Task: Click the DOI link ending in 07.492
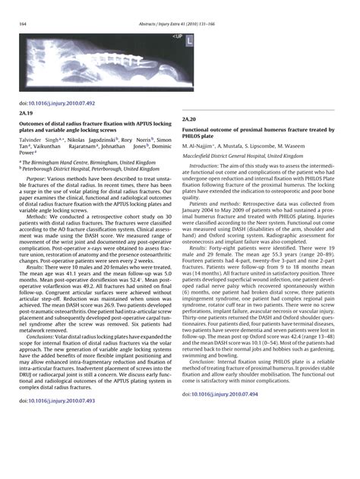coord(53,100)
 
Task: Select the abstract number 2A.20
coord(190,120)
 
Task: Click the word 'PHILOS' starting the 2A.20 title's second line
coord(194,137)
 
